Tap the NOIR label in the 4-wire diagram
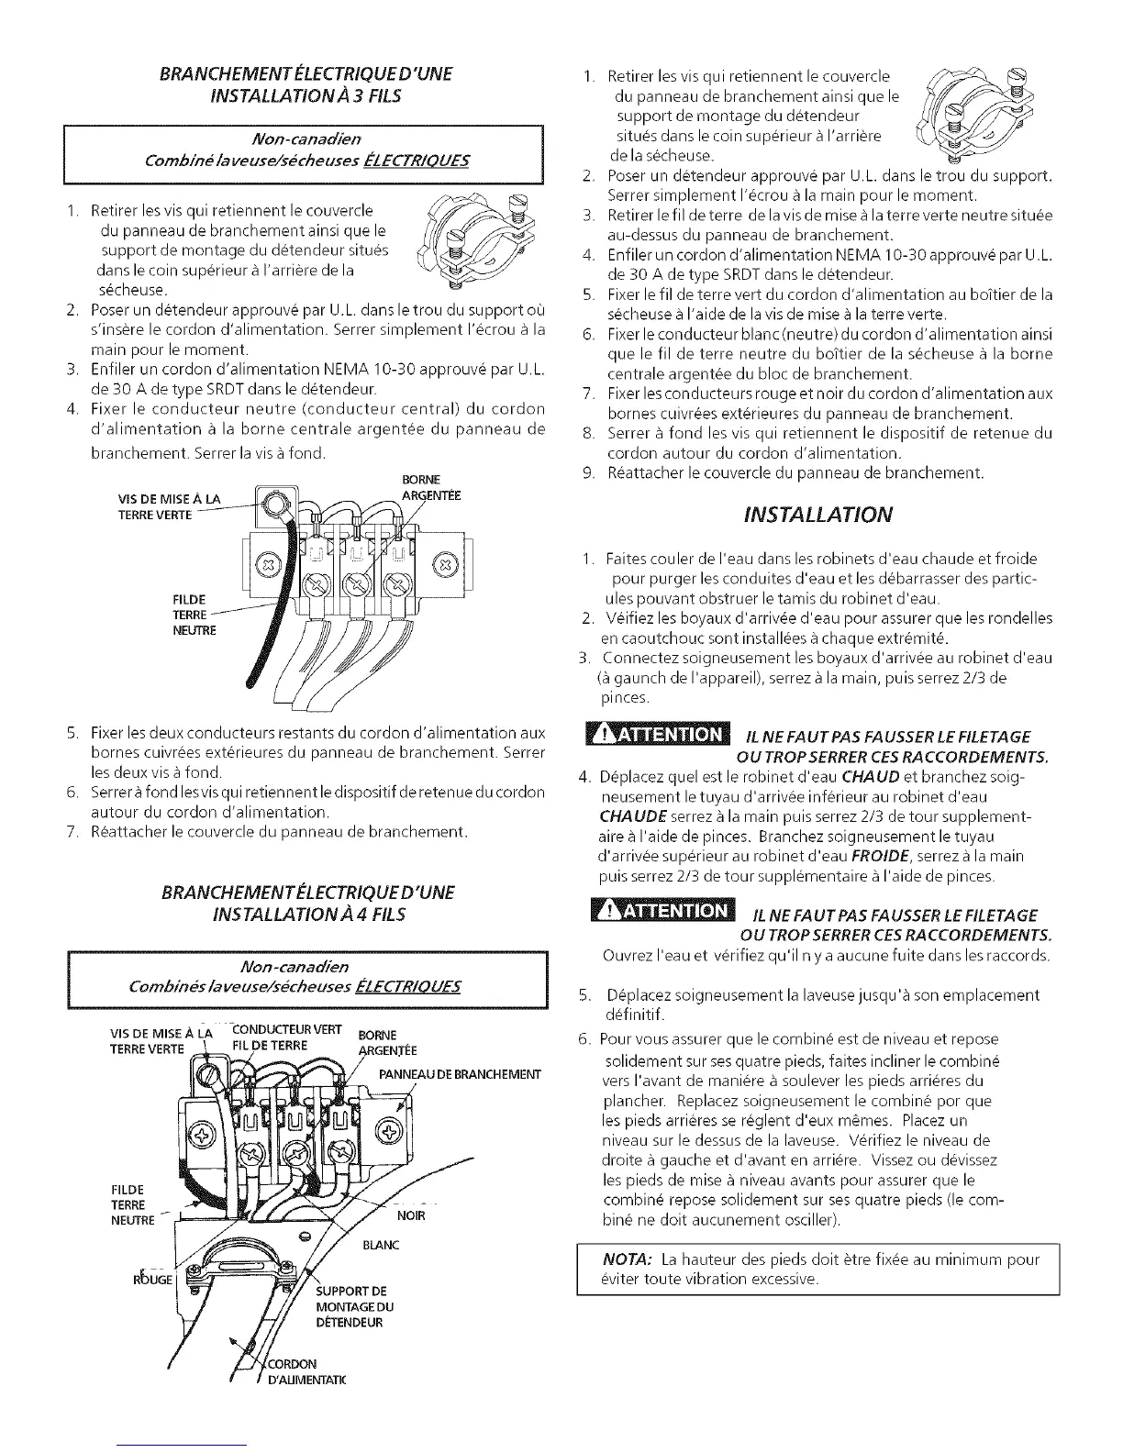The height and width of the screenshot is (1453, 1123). [413, 1216]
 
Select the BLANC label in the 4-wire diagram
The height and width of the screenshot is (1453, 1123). [381, 1246]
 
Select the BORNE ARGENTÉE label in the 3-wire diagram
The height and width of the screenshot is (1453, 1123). [421, 488]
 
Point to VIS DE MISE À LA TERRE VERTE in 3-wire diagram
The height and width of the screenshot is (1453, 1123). [170, 506]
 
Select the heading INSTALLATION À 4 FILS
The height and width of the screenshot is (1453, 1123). [308, 915]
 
